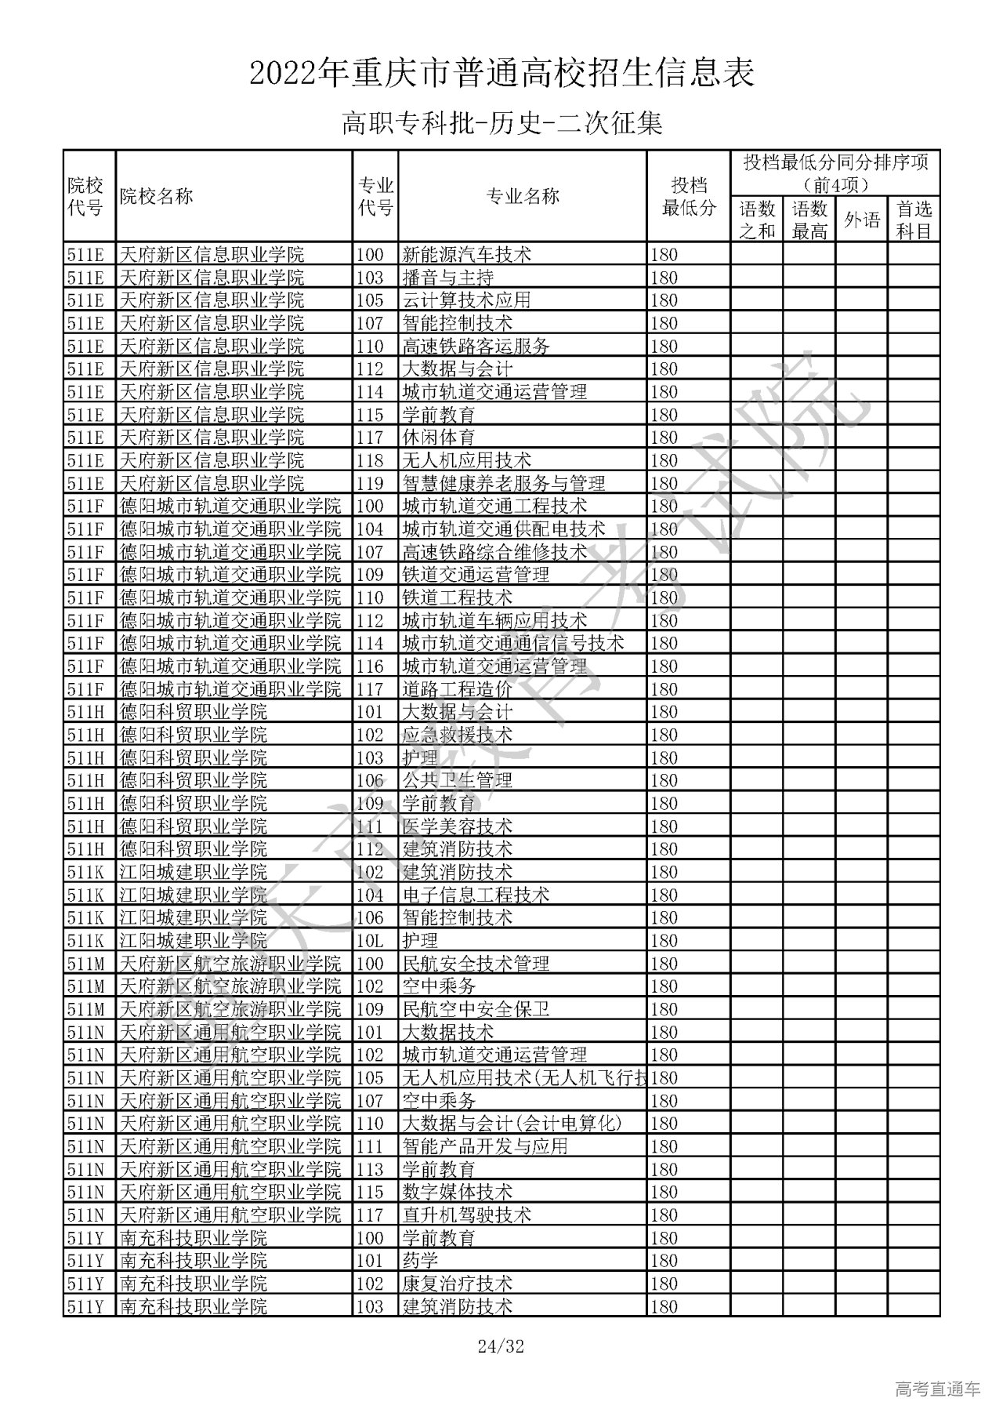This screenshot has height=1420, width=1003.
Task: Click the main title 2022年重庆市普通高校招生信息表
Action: click(x=501, y=74)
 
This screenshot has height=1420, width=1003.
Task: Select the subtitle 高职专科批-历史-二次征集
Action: click(x=501, y=124)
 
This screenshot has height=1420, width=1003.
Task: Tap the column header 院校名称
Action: click(x=157, y=196)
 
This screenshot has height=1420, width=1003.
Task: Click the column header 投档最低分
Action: click(x=689, y=196)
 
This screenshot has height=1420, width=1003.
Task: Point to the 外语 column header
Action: click(x=861, y=220)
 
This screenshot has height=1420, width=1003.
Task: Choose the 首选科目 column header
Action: click(x=913, y=220)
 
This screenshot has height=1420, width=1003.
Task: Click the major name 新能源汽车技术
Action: click(x=466, y=254)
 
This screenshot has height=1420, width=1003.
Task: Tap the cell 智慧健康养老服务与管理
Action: click(x=503, y=483)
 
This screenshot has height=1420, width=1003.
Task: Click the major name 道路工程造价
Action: click(x=457, y=689)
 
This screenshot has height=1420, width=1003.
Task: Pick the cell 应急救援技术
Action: click(x=457, y=735)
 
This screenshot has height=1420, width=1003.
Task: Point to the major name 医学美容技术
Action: click(x=457, y=826)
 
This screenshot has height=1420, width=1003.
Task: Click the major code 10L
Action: click(x=370, y=940)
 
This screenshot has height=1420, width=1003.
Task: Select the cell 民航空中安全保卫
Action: click(x=476, y=1009)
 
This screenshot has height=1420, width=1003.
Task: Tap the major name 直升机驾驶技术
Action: click(x=466, y=1215)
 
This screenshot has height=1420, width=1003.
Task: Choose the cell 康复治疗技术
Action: click(x=457, y=1284)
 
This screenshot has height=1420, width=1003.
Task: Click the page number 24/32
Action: click(x=501, y=1348)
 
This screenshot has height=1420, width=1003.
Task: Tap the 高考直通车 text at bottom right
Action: click(x=936, y=1390)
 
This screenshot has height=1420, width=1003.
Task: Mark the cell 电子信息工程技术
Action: click(x=476, y=895)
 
